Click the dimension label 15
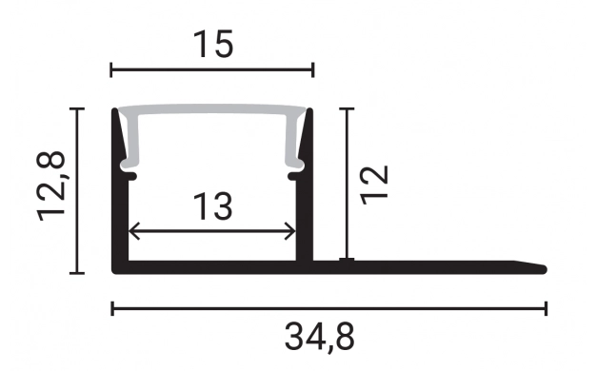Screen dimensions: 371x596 click(212, 45)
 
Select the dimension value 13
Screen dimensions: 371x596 click(212, 206)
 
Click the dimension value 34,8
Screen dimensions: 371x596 click(320, 336)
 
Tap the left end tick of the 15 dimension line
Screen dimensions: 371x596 click(112, 69)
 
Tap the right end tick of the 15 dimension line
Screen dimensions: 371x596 click(313, 69)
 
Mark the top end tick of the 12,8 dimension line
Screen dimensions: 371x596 click(78, 108)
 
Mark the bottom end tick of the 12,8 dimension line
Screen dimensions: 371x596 click(78, 273)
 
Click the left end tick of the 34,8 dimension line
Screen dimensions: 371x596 click(112, 307)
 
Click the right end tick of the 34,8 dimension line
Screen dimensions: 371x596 click(546, 307)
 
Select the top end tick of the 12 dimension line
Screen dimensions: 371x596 click(348, 108)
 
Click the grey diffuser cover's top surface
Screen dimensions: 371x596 click(212, 111)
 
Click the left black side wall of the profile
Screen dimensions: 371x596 click(120, 209)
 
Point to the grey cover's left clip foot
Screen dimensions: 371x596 click(127, 167)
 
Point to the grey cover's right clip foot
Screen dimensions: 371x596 click(296, 167)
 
